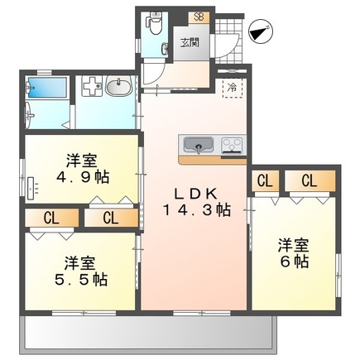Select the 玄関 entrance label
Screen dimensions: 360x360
(x=190, y=42)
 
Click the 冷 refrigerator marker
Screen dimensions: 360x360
(x=233, y=85)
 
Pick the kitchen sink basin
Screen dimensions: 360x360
(x=197, y=146)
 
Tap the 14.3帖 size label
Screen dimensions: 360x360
(x=201, y=210)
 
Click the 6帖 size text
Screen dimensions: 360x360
(x=294, y=262)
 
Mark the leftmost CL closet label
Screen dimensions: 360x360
(x=50, y=218)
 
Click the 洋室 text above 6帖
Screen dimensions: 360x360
(x=294, y=245)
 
